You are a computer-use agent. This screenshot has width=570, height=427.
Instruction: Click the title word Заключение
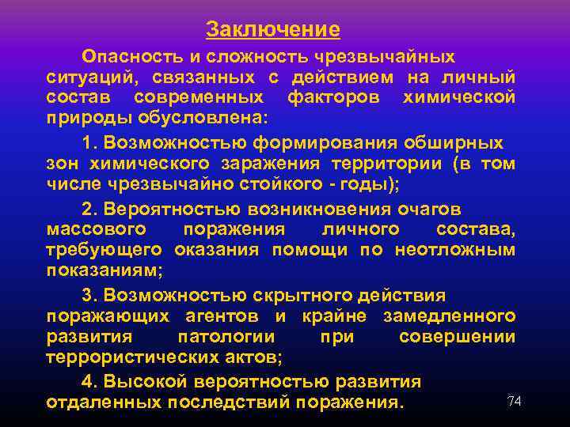tap(273, 30)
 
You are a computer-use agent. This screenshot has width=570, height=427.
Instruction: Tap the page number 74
tap(515, 401)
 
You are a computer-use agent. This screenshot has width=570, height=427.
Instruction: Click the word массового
tap(96, 229)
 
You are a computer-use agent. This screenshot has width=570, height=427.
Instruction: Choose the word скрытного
tap(301, 296)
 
